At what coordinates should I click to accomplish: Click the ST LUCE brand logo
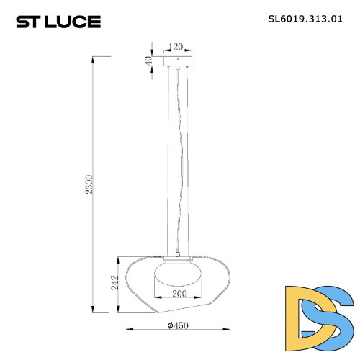point(60,22)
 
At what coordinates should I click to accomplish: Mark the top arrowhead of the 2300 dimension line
point(94,58)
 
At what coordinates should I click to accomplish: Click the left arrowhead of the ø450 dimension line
point(129,331)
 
